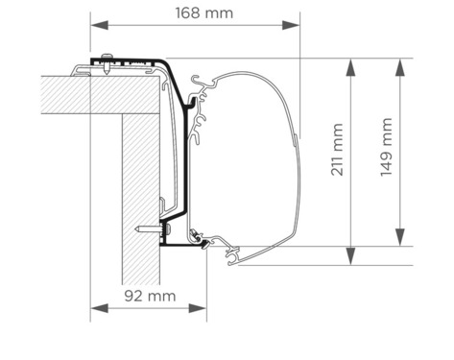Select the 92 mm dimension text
149,296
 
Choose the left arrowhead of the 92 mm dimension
96,308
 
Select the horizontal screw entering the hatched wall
149,229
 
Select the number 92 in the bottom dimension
137,296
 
